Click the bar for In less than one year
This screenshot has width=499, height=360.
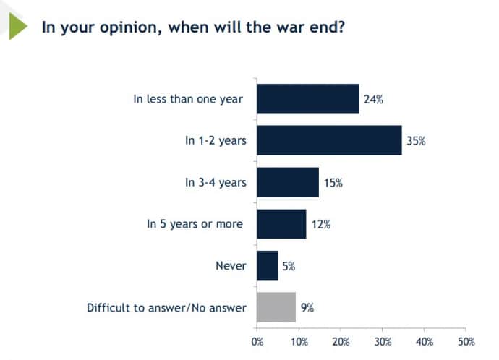pos(307,99)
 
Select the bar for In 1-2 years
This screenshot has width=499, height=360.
pos(329,140)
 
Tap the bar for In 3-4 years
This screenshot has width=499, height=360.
pos(288,182)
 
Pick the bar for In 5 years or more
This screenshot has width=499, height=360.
pos(281,224)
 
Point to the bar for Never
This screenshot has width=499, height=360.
pos(267,265)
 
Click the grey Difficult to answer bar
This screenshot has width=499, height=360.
pos(276,307)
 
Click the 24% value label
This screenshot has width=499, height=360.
pos(373,99)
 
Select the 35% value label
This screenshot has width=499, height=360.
pos(416,141)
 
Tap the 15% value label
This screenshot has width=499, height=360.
pos(333,183)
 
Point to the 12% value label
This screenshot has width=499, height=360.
pos(321,224)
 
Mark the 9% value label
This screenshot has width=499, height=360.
pos(307,308)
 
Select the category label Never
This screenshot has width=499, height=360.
pos(231,266)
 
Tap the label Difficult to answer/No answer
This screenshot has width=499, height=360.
pos(166,308)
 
